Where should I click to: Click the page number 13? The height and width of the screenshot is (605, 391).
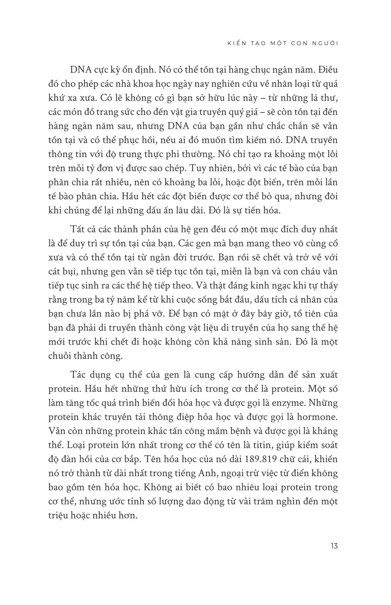(333, 546)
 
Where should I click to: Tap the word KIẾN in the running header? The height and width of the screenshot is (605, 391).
(235, 43)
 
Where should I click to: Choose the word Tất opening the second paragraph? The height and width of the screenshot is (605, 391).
(80, 230)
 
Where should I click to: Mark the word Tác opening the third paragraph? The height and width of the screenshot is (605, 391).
(80, 375)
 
